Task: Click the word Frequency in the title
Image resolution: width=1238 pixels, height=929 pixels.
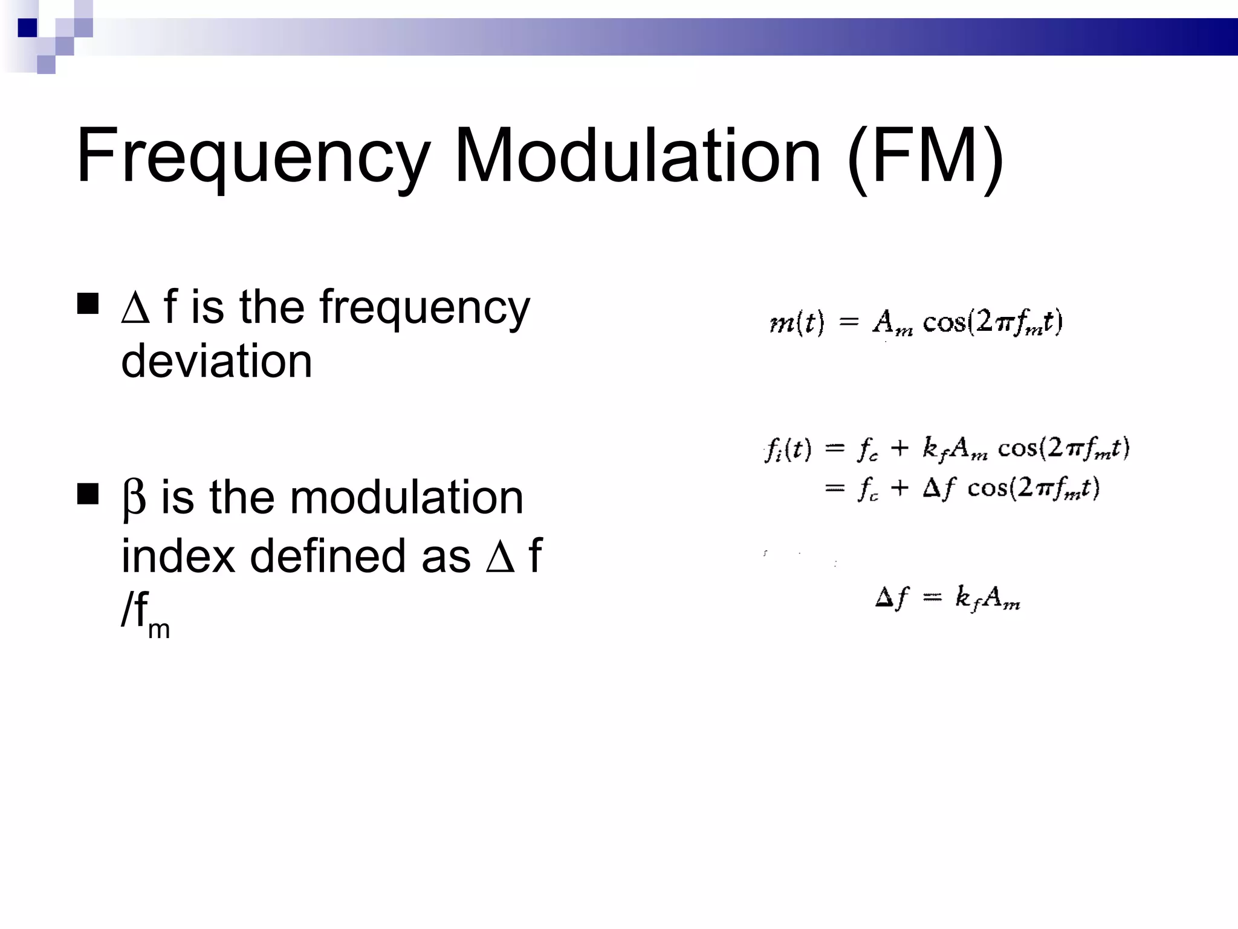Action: coord(253,156)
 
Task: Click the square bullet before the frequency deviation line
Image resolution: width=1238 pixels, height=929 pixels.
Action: coord(88,304)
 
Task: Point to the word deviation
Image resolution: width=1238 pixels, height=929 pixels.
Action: coord(216,361)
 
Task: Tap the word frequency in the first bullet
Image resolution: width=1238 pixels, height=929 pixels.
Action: coord(424,308)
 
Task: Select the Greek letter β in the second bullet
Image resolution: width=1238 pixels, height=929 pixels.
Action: coord(134,498)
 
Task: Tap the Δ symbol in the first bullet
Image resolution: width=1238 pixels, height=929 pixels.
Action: coord(135,308)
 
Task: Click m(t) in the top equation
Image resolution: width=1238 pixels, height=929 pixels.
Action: coord(797,322)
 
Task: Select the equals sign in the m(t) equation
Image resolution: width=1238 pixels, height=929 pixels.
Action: coord(849,322)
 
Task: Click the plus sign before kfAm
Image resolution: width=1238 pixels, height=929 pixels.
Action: coord(899,448)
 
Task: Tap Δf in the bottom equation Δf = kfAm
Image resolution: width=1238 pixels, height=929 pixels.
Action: coord(892,598)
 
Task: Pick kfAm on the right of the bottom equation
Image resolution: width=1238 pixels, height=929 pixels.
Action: coord(987,598)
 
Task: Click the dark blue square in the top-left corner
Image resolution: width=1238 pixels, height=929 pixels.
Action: coord(27,28)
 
